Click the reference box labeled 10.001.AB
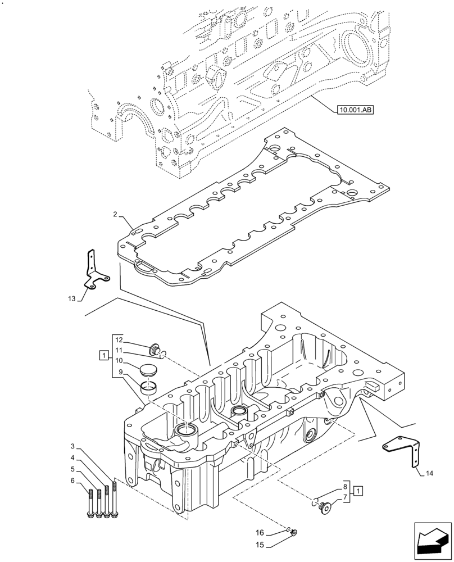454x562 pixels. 356,110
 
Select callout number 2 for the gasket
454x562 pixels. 115,215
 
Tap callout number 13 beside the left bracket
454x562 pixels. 71,299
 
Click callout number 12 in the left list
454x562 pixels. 119,339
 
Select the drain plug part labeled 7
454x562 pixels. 324,507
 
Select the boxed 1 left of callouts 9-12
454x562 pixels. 102,355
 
